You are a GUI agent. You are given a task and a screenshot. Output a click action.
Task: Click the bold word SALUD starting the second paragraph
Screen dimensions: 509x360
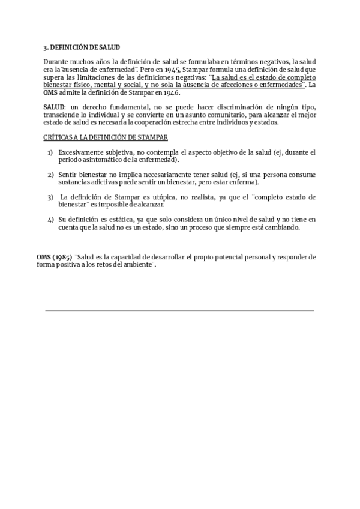(x=54, y=107)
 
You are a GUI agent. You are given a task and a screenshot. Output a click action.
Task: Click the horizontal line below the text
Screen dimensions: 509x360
(x=179, y=310)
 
